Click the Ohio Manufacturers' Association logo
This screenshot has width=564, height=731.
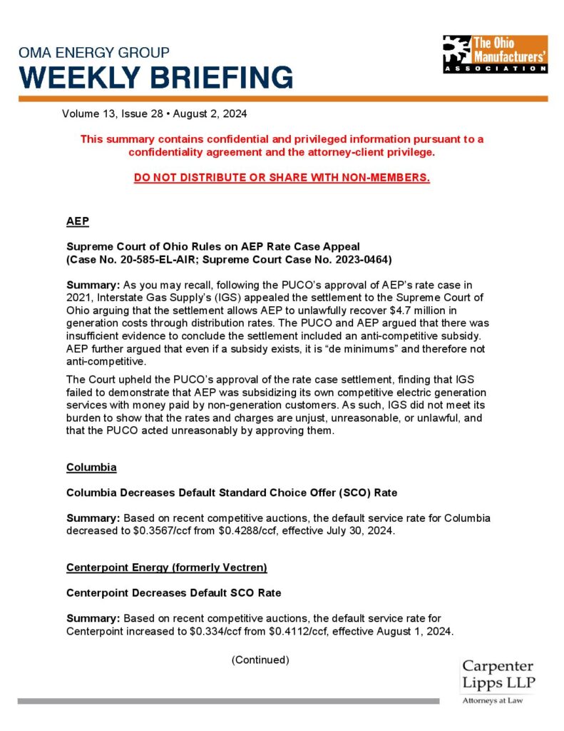pyautogui.click(x=494, y=54)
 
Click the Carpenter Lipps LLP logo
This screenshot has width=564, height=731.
pyautogui.click(x=498, y=682)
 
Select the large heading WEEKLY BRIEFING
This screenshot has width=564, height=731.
pyautogui.click(x=155, y=76)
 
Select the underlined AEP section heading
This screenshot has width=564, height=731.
pyautogui.click(x=78, y=221)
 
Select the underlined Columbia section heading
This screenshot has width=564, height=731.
pyautogui.click(x=91, y=468)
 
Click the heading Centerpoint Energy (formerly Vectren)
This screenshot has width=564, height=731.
pyautogui.click(x=167, y=568)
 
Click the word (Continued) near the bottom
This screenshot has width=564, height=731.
pyautogui.click(x=260, y=660)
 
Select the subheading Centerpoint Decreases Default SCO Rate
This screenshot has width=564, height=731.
pyautogui.click(x=173, y=593)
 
